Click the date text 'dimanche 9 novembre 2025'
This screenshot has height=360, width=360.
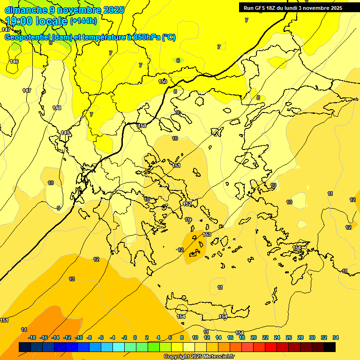(x=64, y=10)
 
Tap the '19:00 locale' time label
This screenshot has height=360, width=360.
(x=37, y=21)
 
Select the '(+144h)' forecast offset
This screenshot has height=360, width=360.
(x=83, y=21)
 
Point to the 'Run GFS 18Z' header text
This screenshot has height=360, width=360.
(x=263, y=8)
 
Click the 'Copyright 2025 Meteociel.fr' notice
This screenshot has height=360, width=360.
(x=199, y=357)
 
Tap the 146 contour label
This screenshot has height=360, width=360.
(x=14, y=61)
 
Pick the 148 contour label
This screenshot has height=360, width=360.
(x=57, y=108)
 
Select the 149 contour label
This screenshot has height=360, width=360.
(x=65, y=133)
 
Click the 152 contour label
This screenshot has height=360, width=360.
(x=187, y=204)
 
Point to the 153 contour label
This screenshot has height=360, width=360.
(x=207, y=234)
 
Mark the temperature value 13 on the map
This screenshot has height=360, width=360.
(x=72, y=279)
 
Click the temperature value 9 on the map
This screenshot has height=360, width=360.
(x=59, y=208)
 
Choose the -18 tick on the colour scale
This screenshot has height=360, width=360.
(x=32, y=337)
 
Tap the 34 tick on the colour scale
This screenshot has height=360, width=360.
(x=336, y=337)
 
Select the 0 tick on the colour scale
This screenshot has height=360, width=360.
(x=135, y=337)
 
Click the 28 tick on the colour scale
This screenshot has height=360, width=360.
(x=300, y=337)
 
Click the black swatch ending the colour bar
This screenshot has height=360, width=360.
(x=330, y=347)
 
